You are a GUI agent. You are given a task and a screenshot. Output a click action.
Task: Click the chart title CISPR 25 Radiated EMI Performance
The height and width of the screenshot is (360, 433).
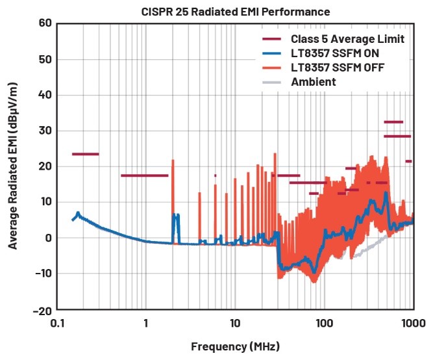(x=236, y=12)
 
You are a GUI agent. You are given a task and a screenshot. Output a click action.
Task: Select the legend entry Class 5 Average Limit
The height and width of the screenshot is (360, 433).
(x=348, y=40)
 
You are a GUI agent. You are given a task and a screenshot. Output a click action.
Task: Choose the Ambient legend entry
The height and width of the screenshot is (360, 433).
(x=314, y=82)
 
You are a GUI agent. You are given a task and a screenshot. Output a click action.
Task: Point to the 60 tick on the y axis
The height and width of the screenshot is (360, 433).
(x=45, y=24)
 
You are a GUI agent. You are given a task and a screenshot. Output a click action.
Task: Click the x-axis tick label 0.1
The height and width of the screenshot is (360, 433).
(x=57, y=323)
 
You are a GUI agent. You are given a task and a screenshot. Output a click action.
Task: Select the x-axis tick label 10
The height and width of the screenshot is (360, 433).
(x=235, y=323)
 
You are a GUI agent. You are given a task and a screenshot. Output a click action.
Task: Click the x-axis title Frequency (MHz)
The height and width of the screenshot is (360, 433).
(x=235, y=346)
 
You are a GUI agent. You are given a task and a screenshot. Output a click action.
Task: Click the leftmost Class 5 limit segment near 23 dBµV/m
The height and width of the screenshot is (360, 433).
(x=85, y=154)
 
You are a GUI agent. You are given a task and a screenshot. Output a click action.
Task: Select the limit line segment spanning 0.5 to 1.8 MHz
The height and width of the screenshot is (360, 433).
(x=144, y=175)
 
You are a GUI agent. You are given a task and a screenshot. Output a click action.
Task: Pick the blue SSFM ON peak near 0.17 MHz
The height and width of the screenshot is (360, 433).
(x=78, y=213)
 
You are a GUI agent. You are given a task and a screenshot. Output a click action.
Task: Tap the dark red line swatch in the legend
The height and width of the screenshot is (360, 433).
(x=272, y=40)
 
